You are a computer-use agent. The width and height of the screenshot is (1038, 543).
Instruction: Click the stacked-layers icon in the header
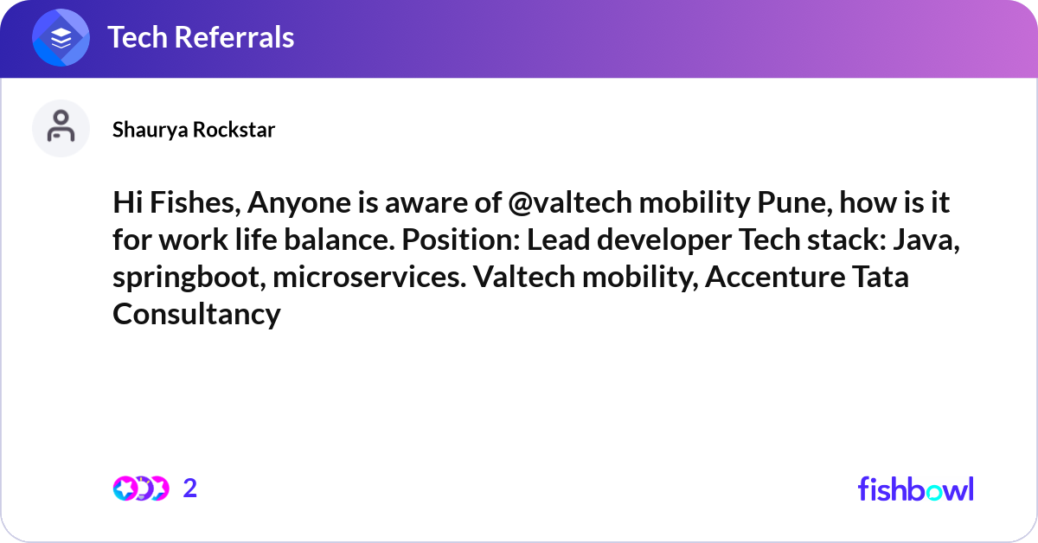pos(61,38)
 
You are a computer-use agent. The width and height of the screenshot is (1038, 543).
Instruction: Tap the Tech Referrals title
pos(201,37)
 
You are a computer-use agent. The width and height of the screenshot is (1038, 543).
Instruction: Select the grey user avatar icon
pos(61,128)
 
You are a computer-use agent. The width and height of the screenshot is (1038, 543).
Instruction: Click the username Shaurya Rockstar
pos(194,130)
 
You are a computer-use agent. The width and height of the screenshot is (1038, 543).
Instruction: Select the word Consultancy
pos(196,314)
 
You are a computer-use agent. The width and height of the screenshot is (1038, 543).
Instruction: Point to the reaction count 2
pos(190,489)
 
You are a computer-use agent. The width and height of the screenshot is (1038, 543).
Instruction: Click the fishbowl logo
pos(915,489)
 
